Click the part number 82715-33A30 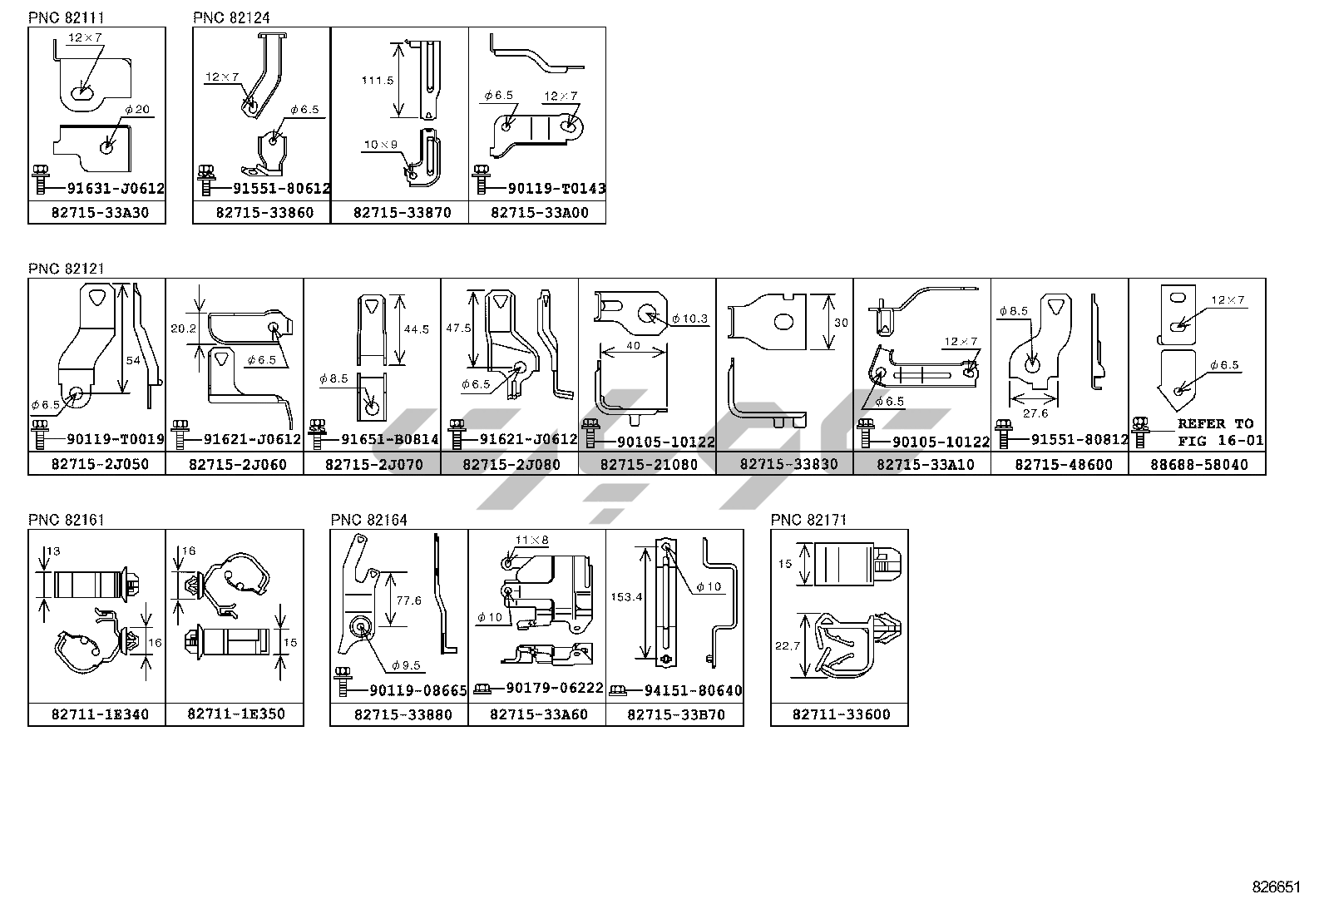tap(96, 213)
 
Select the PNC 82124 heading tap(231, 17)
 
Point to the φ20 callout tap(138, 110)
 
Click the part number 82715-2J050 tap(96, 464)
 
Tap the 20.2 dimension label tap(183, 329)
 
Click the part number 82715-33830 tap(784, 464)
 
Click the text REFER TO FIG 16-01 tap(1220, 432)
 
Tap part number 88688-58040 tap(1198, 464)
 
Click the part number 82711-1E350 tap(235, 714)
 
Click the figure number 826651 tap(1276, 887)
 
